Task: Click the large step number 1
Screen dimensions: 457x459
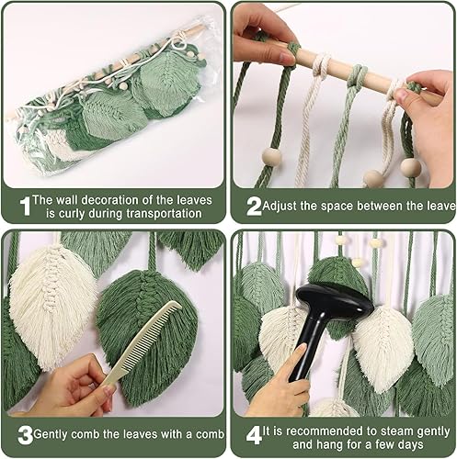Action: [x=26, y=207]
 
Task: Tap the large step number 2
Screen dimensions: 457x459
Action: [x=254, y=207]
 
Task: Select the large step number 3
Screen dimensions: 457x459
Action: [x=25, y=435]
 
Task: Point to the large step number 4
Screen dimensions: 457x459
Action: [x=254, y=435]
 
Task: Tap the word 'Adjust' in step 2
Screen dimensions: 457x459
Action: [x=280, y=207]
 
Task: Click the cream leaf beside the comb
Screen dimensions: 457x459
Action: [x=52, y=306]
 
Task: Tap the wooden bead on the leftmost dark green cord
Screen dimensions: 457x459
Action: [x=271, y=157]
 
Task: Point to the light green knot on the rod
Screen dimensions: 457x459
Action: [x=357, y=75]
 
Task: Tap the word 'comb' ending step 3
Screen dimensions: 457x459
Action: [x=210, y=434]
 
